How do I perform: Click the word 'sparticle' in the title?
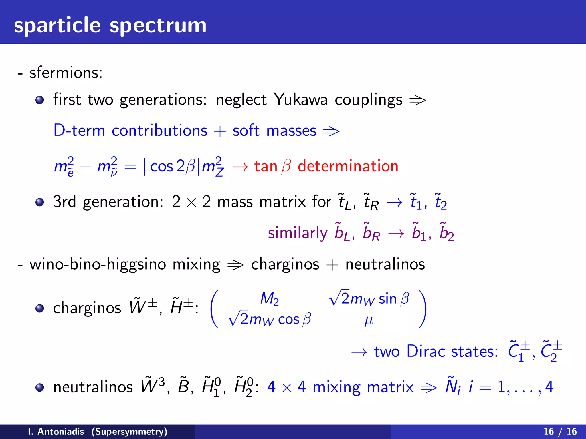tap(57, 26)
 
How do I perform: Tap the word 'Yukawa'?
tap(300, 100)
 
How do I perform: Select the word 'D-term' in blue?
tap(79, 131)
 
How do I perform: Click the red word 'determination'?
tap(348, 166)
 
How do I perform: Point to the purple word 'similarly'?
tap(298, 233)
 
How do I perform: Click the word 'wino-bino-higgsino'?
tap(98, 264)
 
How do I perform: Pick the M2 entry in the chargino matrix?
tap(269, 299)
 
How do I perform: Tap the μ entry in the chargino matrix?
tap(369, 320)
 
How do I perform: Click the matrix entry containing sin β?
tap(369, 299)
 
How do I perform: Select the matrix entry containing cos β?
tap(270, 319)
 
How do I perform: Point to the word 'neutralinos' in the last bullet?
tap(93, 387)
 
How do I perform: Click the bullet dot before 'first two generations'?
tap(40, 100)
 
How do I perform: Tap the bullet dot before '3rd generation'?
tap(40, 202)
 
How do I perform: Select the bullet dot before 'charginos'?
tap(40, 308)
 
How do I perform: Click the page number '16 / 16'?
tap(560, 432)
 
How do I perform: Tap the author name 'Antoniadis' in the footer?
tap(61, 432)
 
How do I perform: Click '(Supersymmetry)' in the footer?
tap(129, 432)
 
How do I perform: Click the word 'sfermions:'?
tap(66, 73)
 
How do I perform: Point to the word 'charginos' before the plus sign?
tap(285, 264)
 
